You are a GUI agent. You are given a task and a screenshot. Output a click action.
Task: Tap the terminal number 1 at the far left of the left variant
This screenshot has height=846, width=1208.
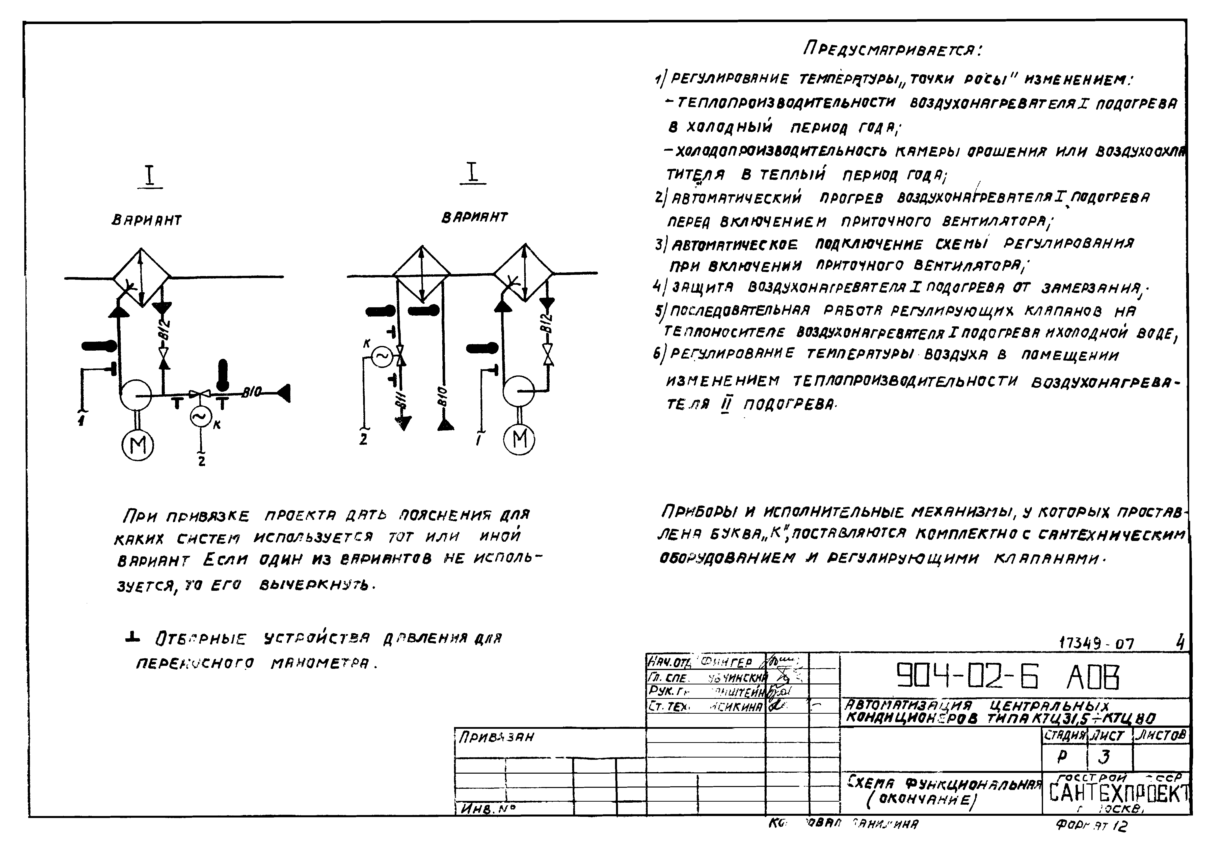coord(81,421)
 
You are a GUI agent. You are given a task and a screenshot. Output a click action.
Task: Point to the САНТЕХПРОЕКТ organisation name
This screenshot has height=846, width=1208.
coord(1118,793)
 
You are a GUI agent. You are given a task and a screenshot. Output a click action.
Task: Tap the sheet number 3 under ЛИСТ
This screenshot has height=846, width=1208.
coord(1104,757)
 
